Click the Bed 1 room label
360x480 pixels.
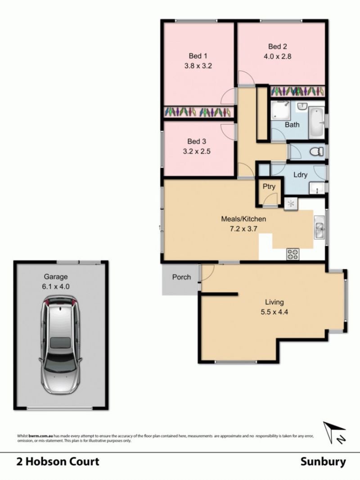(x=198, y=56)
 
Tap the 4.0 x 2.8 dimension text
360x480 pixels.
(x=277, y=56)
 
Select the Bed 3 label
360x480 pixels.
(x=197, y=141)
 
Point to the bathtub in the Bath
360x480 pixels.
(x=316, y=122)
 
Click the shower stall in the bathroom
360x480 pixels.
(x=280, y=110)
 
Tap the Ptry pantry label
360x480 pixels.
(x=269, y=186)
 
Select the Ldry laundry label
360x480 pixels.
(x=300, y=175)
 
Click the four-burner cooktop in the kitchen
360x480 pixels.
(x=292, y=254)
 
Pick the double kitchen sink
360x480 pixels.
(x=319, y=226)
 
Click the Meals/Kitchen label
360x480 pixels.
(x=243, y=219)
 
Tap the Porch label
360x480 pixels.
(x=181, y=277)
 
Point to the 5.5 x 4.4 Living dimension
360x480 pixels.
(x=274, y=312)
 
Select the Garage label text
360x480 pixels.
(x=56, y=277)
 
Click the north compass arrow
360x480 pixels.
(x=335, y=432)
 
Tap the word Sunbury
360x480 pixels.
(x=323, y=462)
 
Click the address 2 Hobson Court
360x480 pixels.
(x=58, y=462)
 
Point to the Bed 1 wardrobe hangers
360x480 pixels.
(x=198, y=112)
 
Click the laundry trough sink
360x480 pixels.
(x=317, y=188)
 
